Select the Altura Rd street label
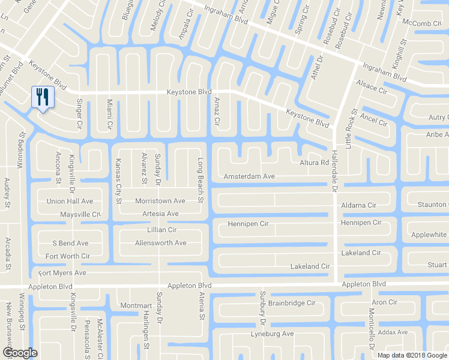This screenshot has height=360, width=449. click(x=314, y=163)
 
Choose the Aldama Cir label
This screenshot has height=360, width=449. click(x=358, y=205)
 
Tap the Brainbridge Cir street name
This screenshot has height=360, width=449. click(x=292, y=303)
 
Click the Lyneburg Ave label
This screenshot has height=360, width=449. click(x=272, y=334)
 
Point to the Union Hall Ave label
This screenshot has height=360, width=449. click(x=70, y=201)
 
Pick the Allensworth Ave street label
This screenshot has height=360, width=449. click(x=152, y=243)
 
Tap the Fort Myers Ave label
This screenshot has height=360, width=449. click(x=62, y=273)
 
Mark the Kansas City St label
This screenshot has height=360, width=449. click(x=118, y=181)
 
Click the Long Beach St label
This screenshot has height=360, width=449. click(x=201, y=180)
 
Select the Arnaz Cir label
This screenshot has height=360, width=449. click(x=217, y=112)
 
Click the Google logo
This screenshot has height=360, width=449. click(x=19, y=353)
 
